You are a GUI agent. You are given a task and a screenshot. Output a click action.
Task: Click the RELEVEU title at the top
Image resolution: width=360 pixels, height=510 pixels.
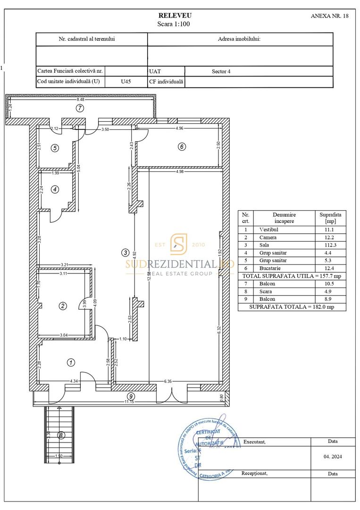175,16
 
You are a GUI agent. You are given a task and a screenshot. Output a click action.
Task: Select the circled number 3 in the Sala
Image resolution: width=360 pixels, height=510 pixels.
125,253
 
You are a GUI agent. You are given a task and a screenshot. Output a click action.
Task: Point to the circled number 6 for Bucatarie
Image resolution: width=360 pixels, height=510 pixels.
182,147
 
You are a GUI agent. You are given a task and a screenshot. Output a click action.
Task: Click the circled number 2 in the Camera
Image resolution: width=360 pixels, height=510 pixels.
62,306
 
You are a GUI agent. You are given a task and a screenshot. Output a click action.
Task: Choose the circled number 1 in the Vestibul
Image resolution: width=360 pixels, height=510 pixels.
71,363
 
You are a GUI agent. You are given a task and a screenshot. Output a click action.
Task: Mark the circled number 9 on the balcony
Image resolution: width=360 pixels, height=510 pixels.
131,396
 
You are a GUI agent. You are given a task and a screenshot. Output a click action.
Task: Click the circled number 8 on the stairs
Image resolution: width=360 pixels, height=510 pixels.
60,435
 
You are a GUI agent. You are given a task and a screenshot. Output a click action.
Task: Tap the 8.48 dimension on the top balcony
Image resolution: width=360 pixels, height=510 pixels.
81,100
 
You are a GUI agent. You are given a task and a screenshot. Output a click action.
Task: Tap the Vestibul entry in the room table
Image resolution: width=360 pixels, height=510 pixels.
268,229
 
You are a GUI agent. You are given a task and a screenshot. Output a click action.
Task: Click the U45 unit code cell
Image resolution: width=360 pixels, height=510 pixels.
126,82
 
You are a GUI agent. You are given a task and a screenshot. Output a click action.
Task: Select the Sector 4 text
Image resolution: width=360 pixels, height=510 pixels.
221,72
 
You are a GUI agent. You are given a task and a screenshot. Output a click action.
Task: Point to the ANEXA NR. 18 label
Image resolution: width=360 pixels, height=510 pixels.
330,16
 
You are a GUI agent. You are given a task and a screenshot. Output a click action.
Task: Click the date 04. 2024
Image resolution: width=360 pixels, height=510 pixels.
333,457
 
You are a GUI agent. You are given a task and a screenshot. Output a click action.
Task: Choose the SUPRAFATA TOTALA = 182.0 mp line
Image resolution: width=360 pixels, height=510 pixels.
292,307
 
